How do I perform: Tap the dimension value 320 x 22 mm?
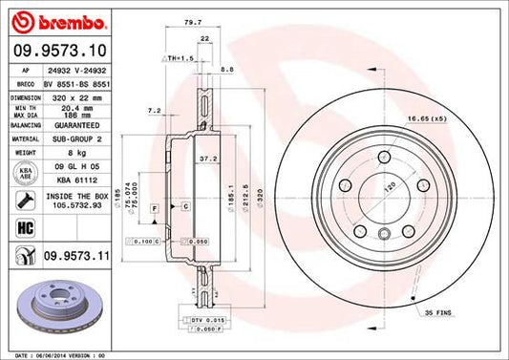pos(71,96)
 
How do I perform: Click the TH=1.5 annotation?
pos(179,58)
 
